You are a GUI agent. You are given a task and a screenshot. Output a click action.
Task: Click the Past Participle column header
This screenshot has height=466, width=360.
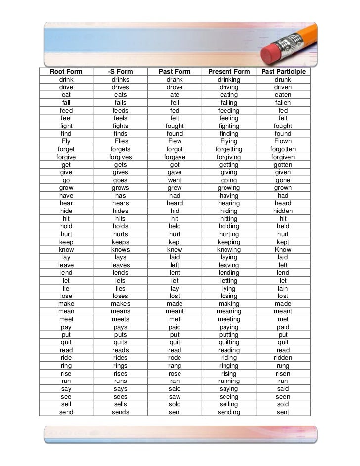point(283,72)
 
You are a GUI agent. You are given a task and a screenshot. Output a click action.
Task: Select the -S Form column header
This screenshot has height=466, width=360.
point(120,72)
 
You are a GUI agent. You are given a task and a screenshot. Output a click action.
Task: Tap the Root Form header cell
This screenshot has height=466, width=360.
point(66,72)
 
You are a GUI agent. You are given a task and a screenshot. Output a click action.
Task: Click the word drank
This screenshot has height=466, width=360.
point(175,80)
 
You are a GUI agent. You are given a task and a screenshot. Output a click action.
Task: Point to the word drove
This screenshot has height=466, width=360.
point(175,87)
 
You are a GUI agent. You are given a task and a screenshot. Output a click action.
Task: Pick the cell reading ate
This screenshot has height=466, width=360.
point(175,95)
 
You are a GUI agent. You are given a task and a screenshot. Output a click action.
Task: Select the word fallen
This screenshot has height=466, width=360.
point(283,103)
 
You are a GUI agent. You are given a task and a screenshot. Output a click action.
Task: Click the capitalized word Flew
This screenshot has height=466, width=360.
point(175,141)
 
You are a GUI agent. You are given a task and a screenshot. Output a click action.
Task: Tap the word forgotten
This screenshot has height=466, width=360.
point(283,149)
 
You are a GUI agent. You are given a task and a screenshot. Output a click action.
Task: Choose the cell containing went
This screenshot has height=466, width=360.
point(175,180)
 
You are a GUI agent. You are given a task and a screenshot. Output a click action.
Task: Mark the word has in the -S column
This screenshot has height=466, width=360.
point(120,196)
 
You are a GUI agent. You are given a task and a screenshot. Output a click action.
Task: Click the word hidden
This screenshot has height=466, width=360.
point(283,211)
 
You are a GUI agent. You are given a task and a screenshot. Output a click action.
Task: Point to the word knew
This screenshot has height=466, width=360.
point(175,250)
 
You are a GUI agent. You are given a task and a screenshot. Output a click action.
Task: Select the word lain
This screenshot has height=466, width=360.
point(283,289)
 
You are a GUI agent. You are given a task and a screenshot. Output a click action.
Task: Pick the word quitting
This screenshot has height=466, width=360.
point(229,342)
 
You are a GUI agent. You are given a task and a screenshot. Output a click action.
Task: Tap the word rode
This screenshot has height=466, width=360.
point(175,358)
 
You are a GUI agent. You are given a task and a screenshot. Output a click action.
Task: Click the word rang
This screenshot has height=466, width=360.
point(175,366)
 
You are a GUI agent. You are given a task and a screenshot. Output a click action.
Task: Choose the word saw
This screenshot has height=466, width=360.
point(175,397)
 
